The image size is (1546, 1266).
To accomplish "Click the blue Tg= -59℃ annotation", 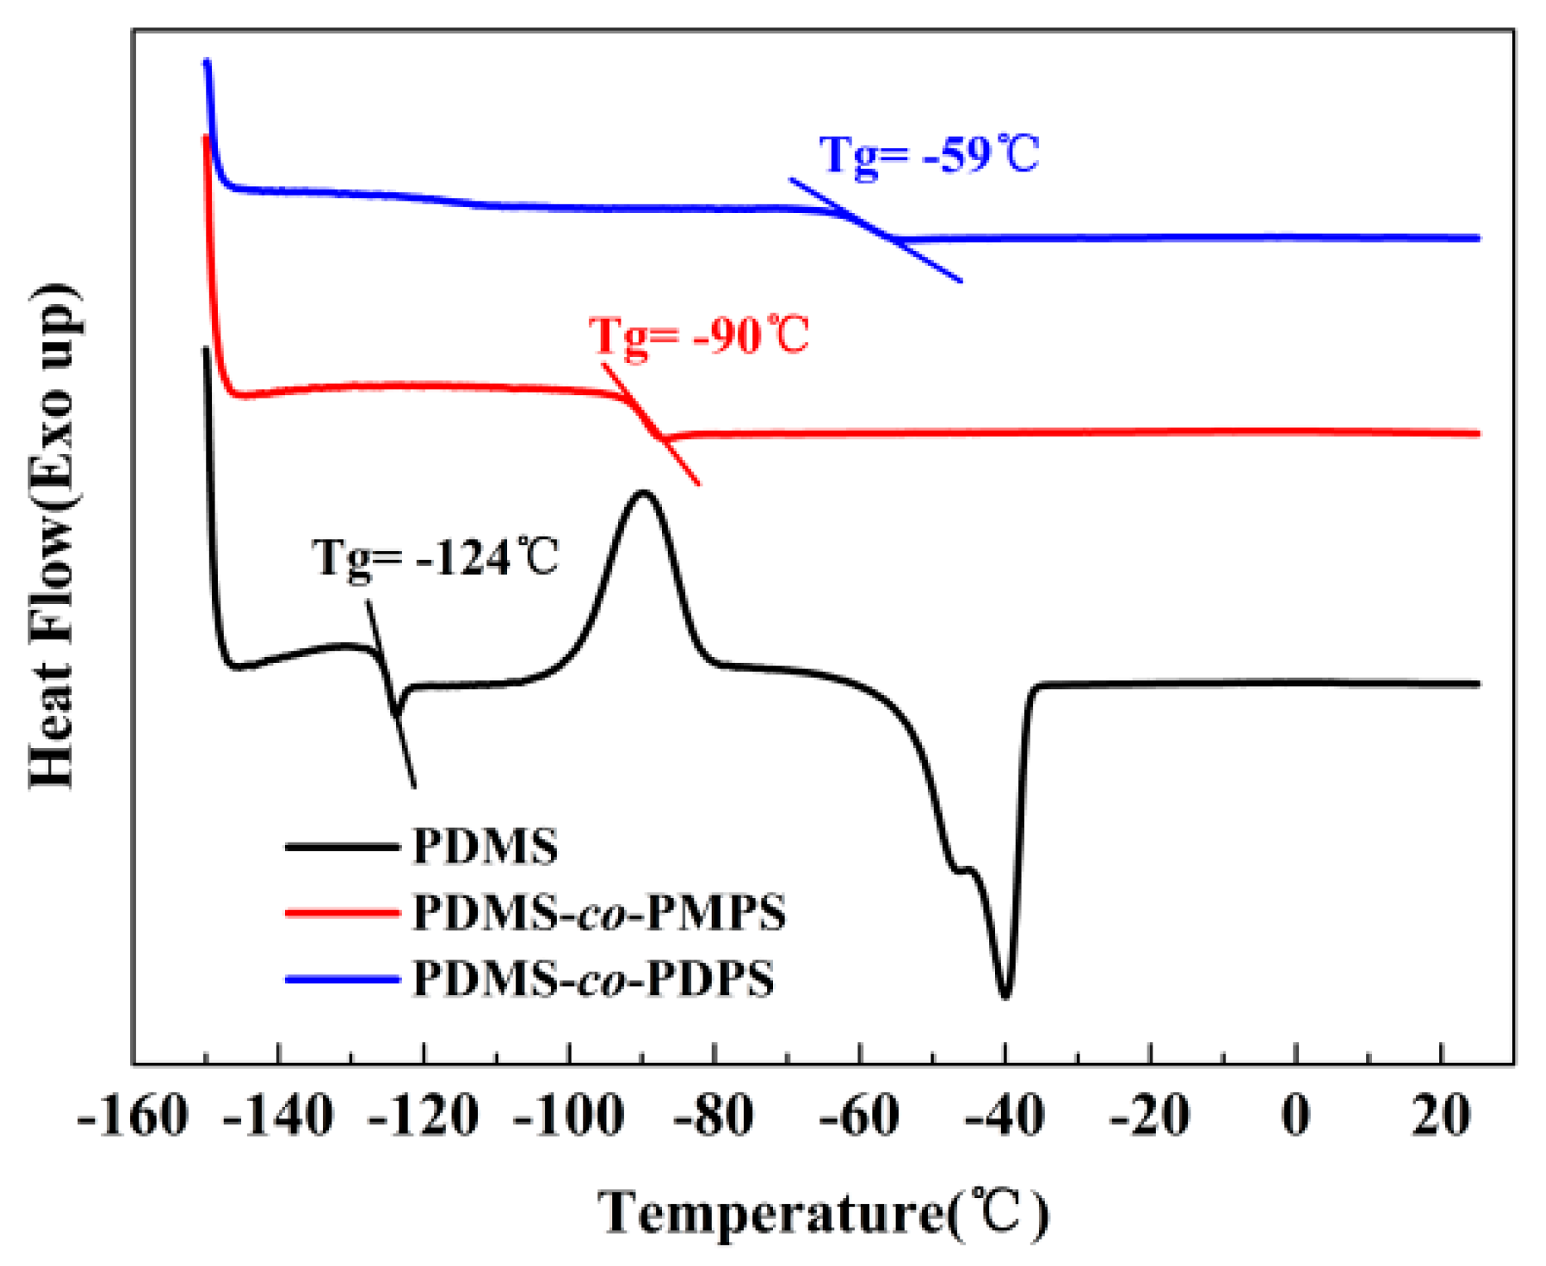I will pos(929,155).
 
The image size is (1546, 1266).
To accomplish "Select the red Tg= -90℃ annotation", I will pos(698,336).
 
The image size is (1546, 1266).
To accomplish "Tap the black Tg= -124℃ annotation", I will pos(436,557).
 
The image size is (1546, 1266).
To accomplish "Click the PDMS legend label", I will pos(486,847).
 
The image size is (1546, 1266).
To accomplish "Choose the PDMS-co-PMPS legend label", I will pos(599,913).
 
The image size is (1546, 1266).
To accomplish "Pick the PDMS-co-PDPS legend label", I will pos(593,978).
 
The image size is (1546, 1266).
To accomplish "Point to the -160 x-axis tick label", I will pos(133,1117).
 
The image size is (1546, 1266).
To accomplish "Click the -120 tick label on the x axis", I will pos(423,1117).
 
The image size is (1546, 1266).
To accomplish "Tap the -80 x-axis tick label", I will pos(714,1117).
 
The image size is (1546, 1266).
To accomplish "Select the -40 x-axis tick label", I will pos(1004,1117).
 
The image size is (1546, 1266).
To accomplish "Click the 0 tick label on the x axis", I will pos(1296,1117).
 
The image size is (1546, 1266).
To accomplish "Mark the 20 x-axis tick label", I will pos(1442,1117).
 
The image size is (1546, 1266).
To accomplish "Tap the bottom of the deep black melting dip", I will pos(1005,997).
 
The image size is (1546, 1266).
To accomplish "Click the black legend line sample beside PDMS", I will pos(342,847).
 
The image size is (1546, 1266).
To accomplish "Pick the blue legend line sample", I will pos(342,979).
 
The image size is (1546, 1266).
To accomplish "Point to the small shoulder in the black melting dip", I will pos(965,869).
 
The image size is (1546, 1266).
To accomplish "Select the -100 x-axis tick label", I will pos(568,1117).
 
